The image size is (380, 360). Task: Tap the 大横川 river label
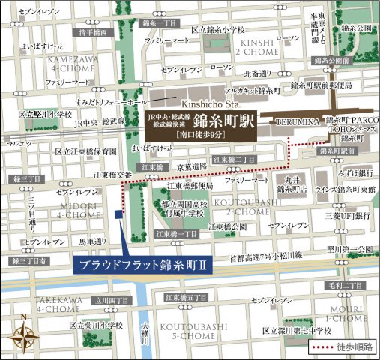tap(147, 334)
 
